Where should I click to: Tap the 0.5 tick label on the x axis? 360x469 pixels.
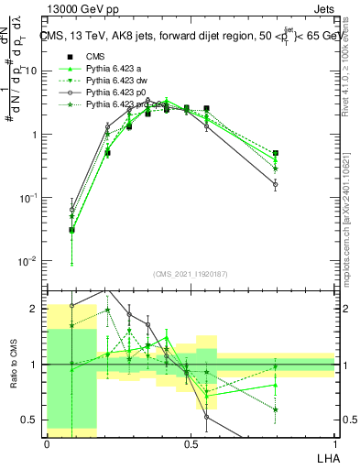click(191, 442)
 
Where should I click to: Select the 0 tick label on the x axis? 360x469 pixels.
click(47, 442)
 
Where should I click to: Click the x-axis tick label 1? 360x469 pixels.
click(335, 442)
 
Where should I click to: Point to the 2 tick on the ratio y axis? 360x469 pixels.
click(35, 309)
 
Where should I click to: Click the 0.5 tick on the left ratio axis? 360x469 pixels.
click(30, 420)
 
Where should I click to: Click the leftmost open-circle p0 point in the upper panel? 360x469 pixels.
click(71, 210)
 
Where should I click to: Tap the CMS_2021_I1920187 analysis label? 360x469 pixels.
click(191, 272)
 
